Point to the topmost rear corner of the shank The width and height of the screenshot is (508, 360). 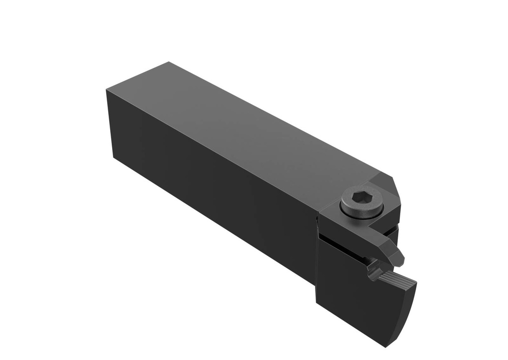coord(169,62)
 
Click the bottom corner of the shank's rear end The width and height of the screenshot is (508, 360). coord(114,158)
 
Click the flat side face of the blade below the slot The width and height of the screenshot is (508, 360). coord(357,298)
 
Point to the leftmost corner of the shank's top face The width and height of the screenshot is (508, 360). coord(107,90)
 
